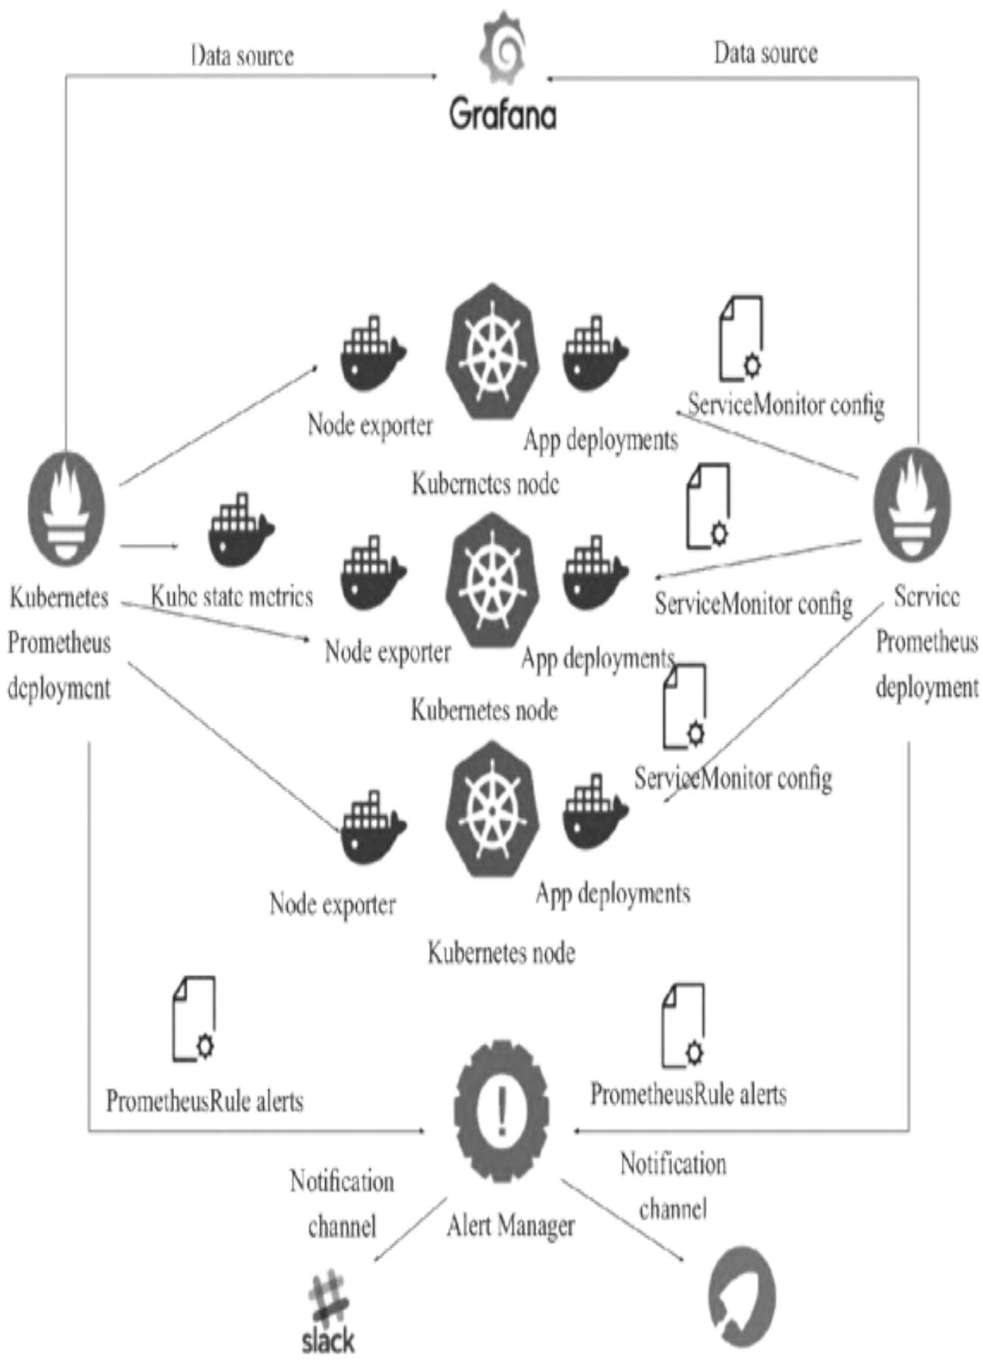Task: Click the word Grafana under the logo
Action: (x=503, y=116)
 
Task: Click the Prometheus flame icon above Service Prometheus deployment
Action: (x=912, y=505)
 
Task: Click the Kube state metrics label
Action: (x=231, y=597)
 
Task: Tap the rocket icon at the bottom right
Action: (x=741, y=1298)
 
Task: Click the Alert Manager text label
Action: (x=510, y=1225)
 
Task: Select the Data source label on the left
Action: (x=242, y=56)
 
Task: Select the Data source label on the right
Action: (x=765, y=53)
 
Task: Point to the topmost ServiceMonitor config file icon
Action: (x=741, y=337)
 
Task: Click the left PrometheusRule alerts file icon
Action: (x=194, y=1019)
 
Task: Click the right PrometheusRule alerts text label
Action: (x=688, y=1095)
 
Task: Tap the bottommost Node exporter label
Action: (x=333, y=904)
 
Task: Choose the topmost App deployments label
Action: (x=601, y=440)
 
